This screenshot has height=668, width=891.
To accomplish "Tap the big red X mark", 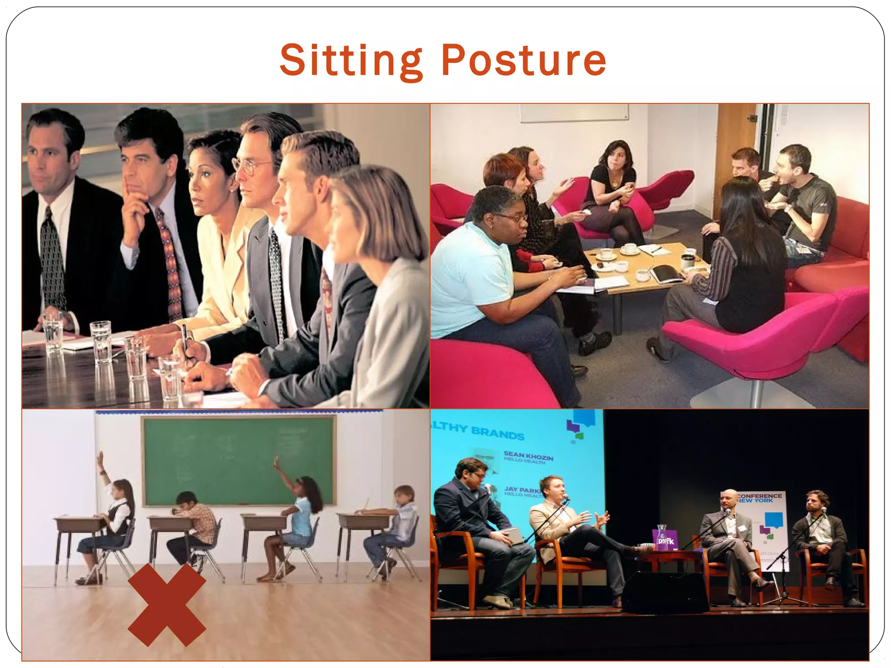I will click(167, 605).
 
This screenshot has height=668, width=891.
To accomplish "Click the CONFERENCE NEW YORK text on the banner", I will click(760, 498).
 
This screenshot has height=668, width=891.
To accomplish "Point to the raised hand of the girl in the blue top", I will click(277, 464).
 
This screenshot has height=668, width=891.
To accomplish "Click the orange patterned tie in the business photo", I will click(171, 265).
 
